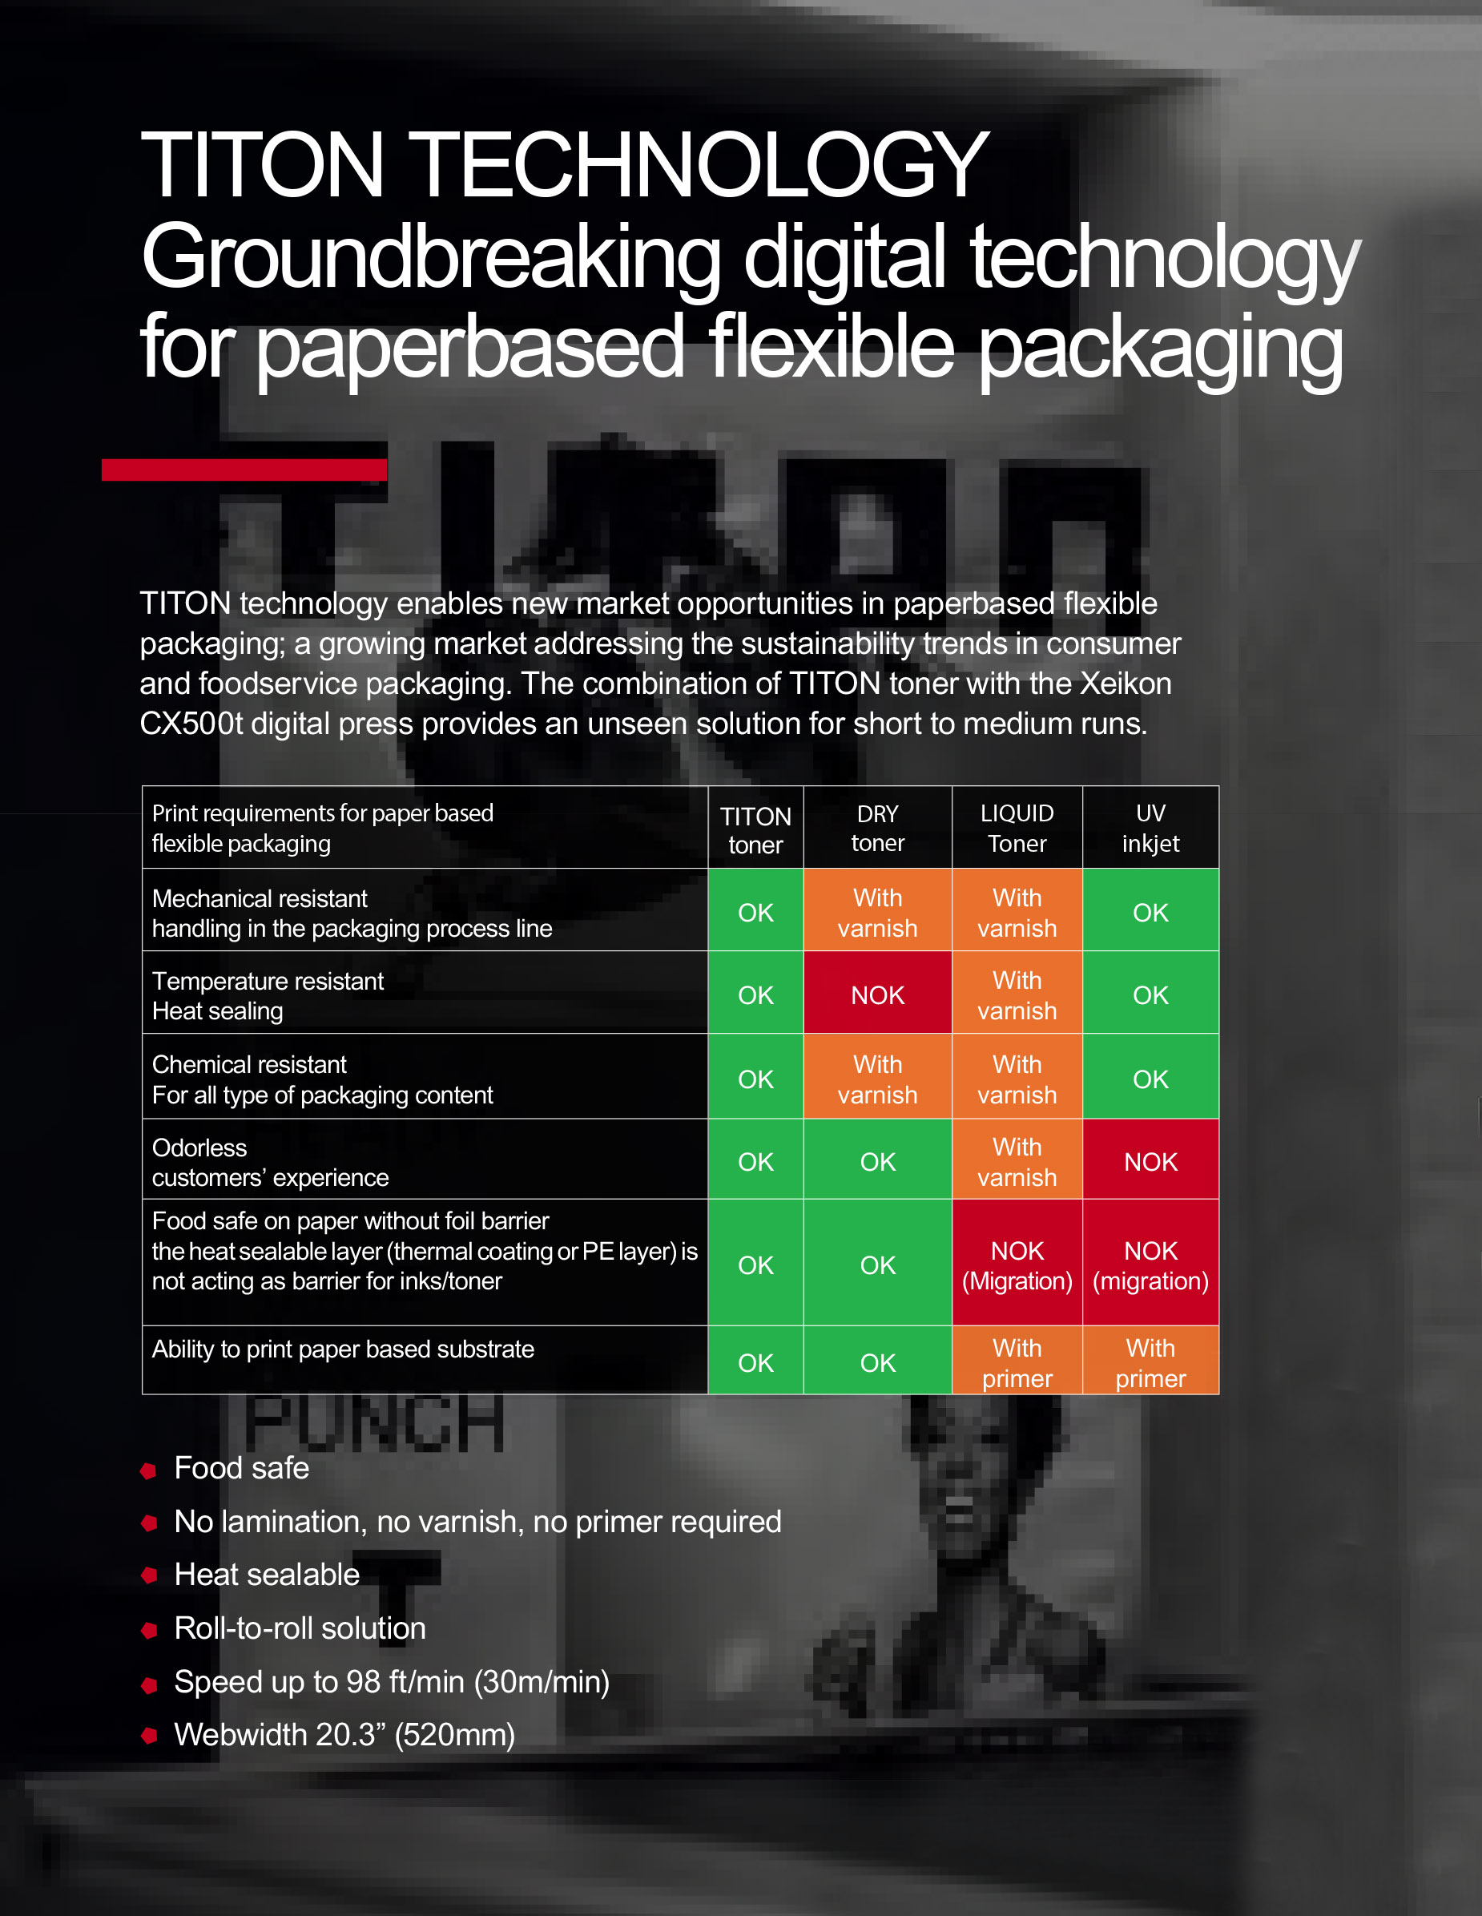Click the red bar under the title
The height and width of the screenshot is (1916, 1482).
pos(244,470)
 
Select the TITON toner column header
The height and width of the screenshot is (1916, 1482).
pos(755,829)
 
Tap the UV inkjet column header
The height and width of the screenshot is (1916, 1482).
pos(1150,828)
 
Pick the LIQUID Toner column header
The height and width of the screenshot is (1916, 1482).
pos(1017,828)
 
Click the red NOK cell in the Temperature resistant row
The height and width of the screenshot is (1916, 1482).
pos(878,994)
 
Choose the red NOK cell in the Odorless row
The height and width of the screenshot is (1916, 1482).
pos(1150,1161)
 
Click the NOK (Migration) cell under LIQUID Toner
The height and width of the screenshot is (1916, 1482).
pos(1017,1265)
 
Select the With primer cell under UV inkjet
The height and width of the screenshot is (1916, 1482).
pos(1150,1362)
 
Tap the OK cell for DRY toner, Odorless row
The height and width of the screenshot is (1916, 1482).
pos(878,1161)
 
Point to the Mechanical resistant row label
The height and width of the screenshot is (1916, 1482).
pos(352,914)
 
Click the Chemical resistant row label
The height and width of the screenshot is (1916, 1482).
pos(322,1080)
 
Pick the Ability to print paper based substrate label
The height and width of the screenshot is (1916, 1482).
pos(343,1349)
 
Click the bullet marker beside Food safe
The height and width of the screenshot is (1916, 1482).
pos(149,1470)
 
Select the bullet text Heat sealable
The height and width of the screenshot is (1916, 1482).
pos(267,1575)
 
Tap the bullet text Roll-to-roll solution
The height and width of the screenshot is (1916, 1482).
pos(300,1628)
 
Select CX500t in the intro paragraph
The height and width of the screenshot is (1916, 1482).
pos(191,724)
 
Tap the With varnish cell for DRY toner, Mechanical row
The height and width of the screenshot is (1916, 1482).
pos(878,914)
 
